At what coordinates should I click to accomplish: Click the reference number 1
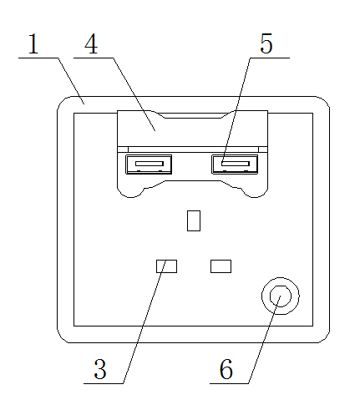coord(33,43)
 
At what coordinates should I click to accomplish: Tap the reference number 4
coord(91,43)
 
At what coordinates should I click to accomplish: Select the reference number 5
coord(266,43)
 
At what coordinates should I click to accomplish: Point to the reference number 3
coord(100,369)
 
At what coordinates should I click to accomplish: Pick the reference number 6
coord(226,369)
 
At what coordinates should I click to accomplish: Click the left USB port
coord(149,165)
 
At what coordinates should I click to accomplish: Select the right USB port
coord(235,165)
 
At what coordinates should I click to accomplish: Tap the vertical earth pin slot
coord(194,220)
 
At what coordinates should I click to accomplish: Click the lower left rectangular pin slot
coord(166,266)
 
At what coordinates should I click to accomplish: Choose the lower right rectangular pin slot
coord(221,266)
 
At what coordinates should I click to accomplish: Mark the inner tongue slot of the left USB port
coord(150,164)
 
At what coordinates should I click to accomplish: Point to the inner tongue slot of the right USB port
coord(236,164)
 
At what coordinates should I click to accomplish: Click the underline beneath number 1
coord(38,58)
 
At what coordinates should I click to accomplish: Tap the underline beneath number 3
coord(104,383)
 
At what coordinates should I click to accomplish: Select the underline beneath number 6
coord(229,383)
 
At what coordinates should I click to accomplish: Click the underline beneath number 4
coord(94,58)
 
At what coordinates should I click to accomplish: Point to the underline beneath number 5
coord(270,58)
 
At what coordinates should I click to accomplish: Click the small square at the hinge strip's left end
coord(123,149)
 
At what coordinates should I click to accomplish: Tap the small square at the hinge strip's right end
coord(263,149)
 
